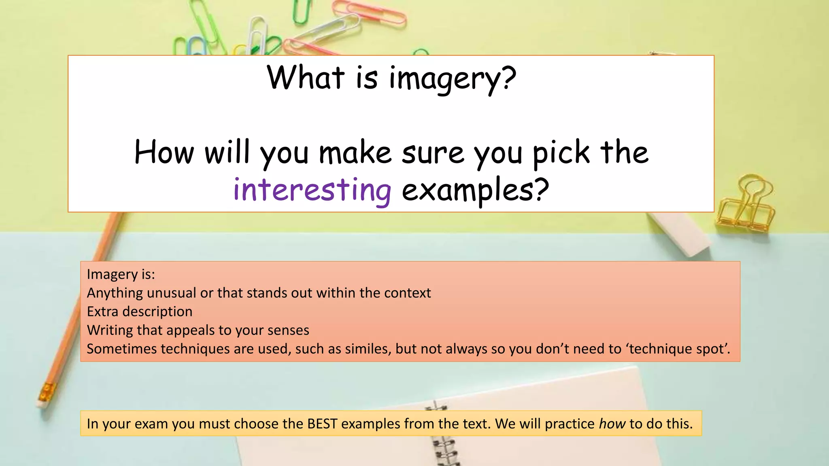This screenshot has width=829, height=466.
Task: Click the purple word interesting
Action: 312,190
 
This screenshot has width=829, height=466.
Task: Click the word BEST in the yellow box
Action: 322,424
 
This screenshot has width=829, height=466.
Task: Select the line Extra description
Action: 140,311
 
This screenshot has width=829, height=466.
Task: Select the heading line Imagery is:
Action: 121,274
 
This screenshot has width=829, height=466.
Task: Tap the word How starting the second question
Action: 164,153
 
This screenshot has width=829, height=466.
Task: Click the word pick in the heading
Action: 561,153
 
